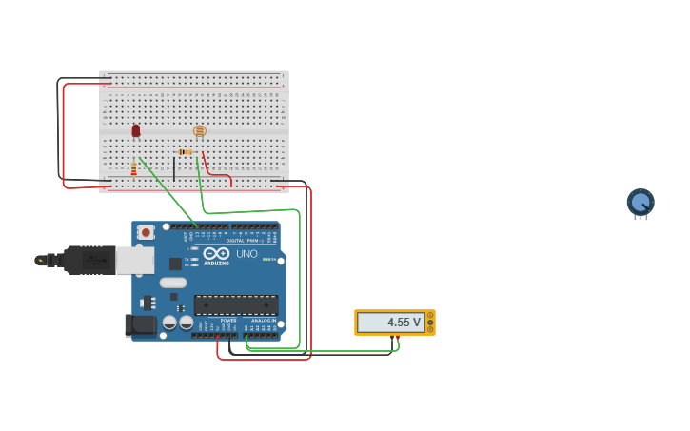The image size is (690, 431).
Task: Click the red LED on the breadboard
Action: pyautogui.click(x=136, y=130)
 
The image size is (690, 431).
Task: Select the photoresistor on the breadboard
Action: pyautogui.click(x=199, y=131)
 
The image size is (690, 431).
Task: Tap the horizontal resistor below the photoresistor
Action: pyautogui.click(x=185, y=152)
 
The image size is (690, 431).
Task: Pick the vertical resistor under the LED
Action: pyautogui.click(x=134, y=169)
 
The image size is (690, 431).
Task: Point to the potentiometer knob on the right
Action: pyautogui.click(x=641, y=202)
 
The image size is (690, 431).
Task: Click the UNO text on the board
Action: pyautogui.click(x=246, y=254)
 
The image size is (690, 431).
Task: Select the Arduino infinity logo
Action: pyautogui.click(x=216, y=254)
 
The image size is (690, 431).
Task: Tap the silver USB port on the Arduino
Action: pyautogui.click(x=134, y=260)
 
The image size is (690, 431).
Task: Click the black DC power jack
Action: pyautogui.click(x=141, y=325)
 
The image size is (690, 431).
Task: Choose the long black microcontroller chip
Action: pyautogui.click(x=236, y=304)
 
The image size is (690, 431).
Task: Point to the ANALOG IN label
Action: pyautogui.click(x=264, y=321)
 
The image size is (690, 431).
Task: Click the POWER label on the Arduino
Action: pyautogui.click(x=228, y=321)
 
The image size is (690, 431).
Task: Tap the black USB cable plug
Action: pyautogui.click(x=90, y=259)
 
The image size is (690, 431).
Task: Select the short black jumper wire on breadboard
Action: pyautogui.click(x=174, y=169)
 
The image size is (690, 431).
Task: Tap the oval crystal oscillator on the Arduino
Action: pyautogui.click(x=173, y=283)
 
